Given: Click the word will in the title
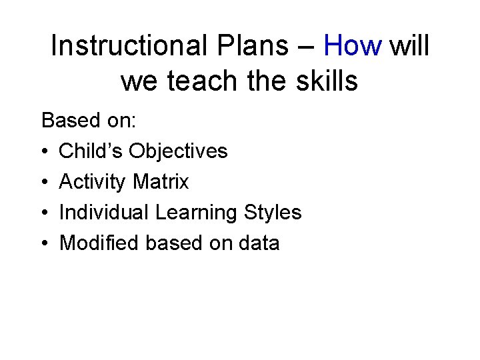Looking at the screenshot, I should click(409, 47).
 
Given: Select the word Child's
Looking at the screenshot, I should click(91, 151).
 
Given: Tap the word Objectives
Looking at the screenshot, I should click(178, 152).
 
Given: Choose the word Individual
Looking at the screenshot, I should click(105, 213).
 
